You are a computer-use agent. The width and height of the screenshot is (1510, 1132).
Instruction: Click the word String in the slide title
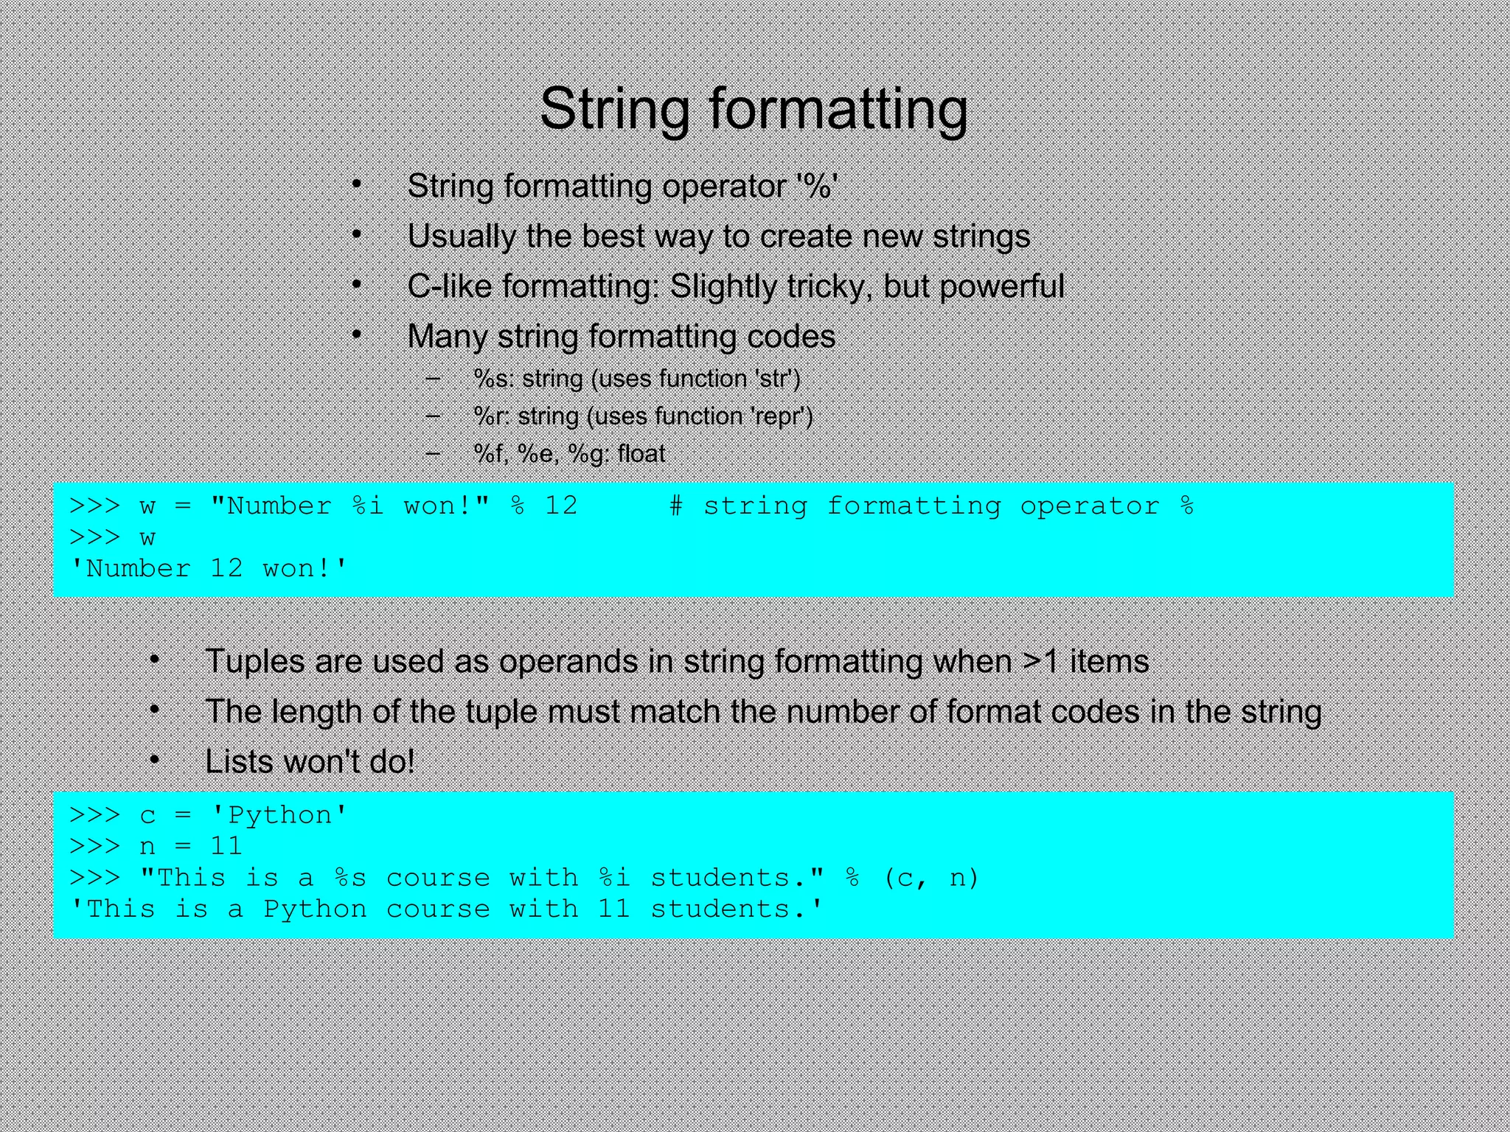click(614, 108)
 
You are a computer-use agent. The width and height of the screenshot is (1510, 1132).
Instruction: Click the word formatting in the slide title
click(838, 108)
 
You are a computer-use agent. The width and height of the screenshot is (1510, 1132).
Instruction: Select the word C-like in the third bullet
click(449, 286)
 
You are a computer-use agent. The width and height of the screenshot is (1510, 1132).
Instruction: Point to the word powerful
click(1001, 286)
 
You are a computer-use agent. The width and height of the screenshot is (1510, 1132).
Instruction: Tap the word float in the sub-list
click(641, 454)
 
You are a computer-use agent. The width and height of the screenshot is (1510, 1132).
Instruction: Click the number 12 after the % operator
click(561, 506)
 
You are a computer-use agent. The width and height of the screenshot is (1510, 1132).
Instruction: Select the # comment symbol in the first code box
click(675, 506)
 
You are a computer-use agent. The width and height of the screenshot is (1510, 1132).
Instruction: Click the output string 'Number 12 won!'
click(208, 569)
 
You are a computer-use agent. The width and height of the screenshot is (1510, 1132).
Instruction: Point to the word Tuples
click(254, 661)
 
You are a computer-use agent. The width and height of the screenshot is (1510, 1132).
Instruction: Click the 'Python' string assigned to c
click(279, 815)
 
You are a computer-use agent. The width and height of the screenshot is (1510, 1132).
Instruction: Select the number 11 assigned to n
click(226, 846)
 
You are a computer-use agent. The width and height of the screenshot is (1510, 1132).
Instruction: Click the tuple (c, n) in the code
click(930, 878)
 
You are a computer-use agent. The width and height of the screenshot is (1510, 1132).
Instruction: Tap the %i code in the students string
click(614, 878)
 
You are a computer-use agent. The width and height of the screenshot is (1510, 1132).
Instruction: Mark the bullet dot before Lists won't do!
click(154, 759)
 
